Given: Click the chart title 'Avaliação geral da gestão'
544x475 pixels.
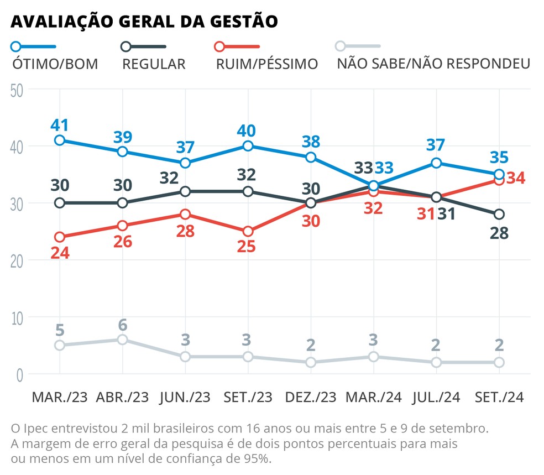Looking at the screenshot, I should pyautogui.click(x=144, y=21).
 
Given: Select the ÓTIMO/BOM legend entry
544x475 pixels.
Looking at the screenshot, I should pyautogui.click(x=55, y=64).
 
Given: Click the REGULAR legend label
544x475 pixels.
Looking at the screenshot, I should pyautogui.click(x=154, y=64).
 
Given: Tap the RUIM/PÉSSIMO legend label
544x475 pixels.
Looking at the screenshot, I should pyautogui.click(x=268, y=64).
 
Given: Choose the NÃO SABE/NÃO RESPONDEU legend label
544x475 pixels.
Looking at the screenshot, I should pyautogui.click(x=433, y=64).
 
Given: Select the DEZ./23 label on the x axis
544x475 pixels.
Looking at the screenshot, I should pyautogui.click(x=310, y=398).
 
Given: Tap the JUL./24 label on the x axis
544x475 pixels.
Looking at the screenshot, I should pyautogui.click(x=436, y=398).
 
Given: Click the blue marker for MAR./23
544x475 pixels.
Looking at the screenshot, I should pyautogui.click(x=60, y=140).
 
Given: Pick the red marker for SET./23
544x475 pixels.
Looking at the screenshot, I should pyautogui.click(x=248, y=231).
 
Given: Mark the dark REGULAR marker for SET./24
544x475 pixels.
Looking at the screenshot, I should pyautogui.click(x=499, y=214).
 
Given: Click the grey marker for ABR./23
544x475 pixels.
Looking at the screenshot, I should pyautogui.click(x=123, y=340).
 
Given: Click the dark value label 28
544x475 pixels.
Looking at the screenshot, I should pyautogui.click(x=499, y=232).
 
